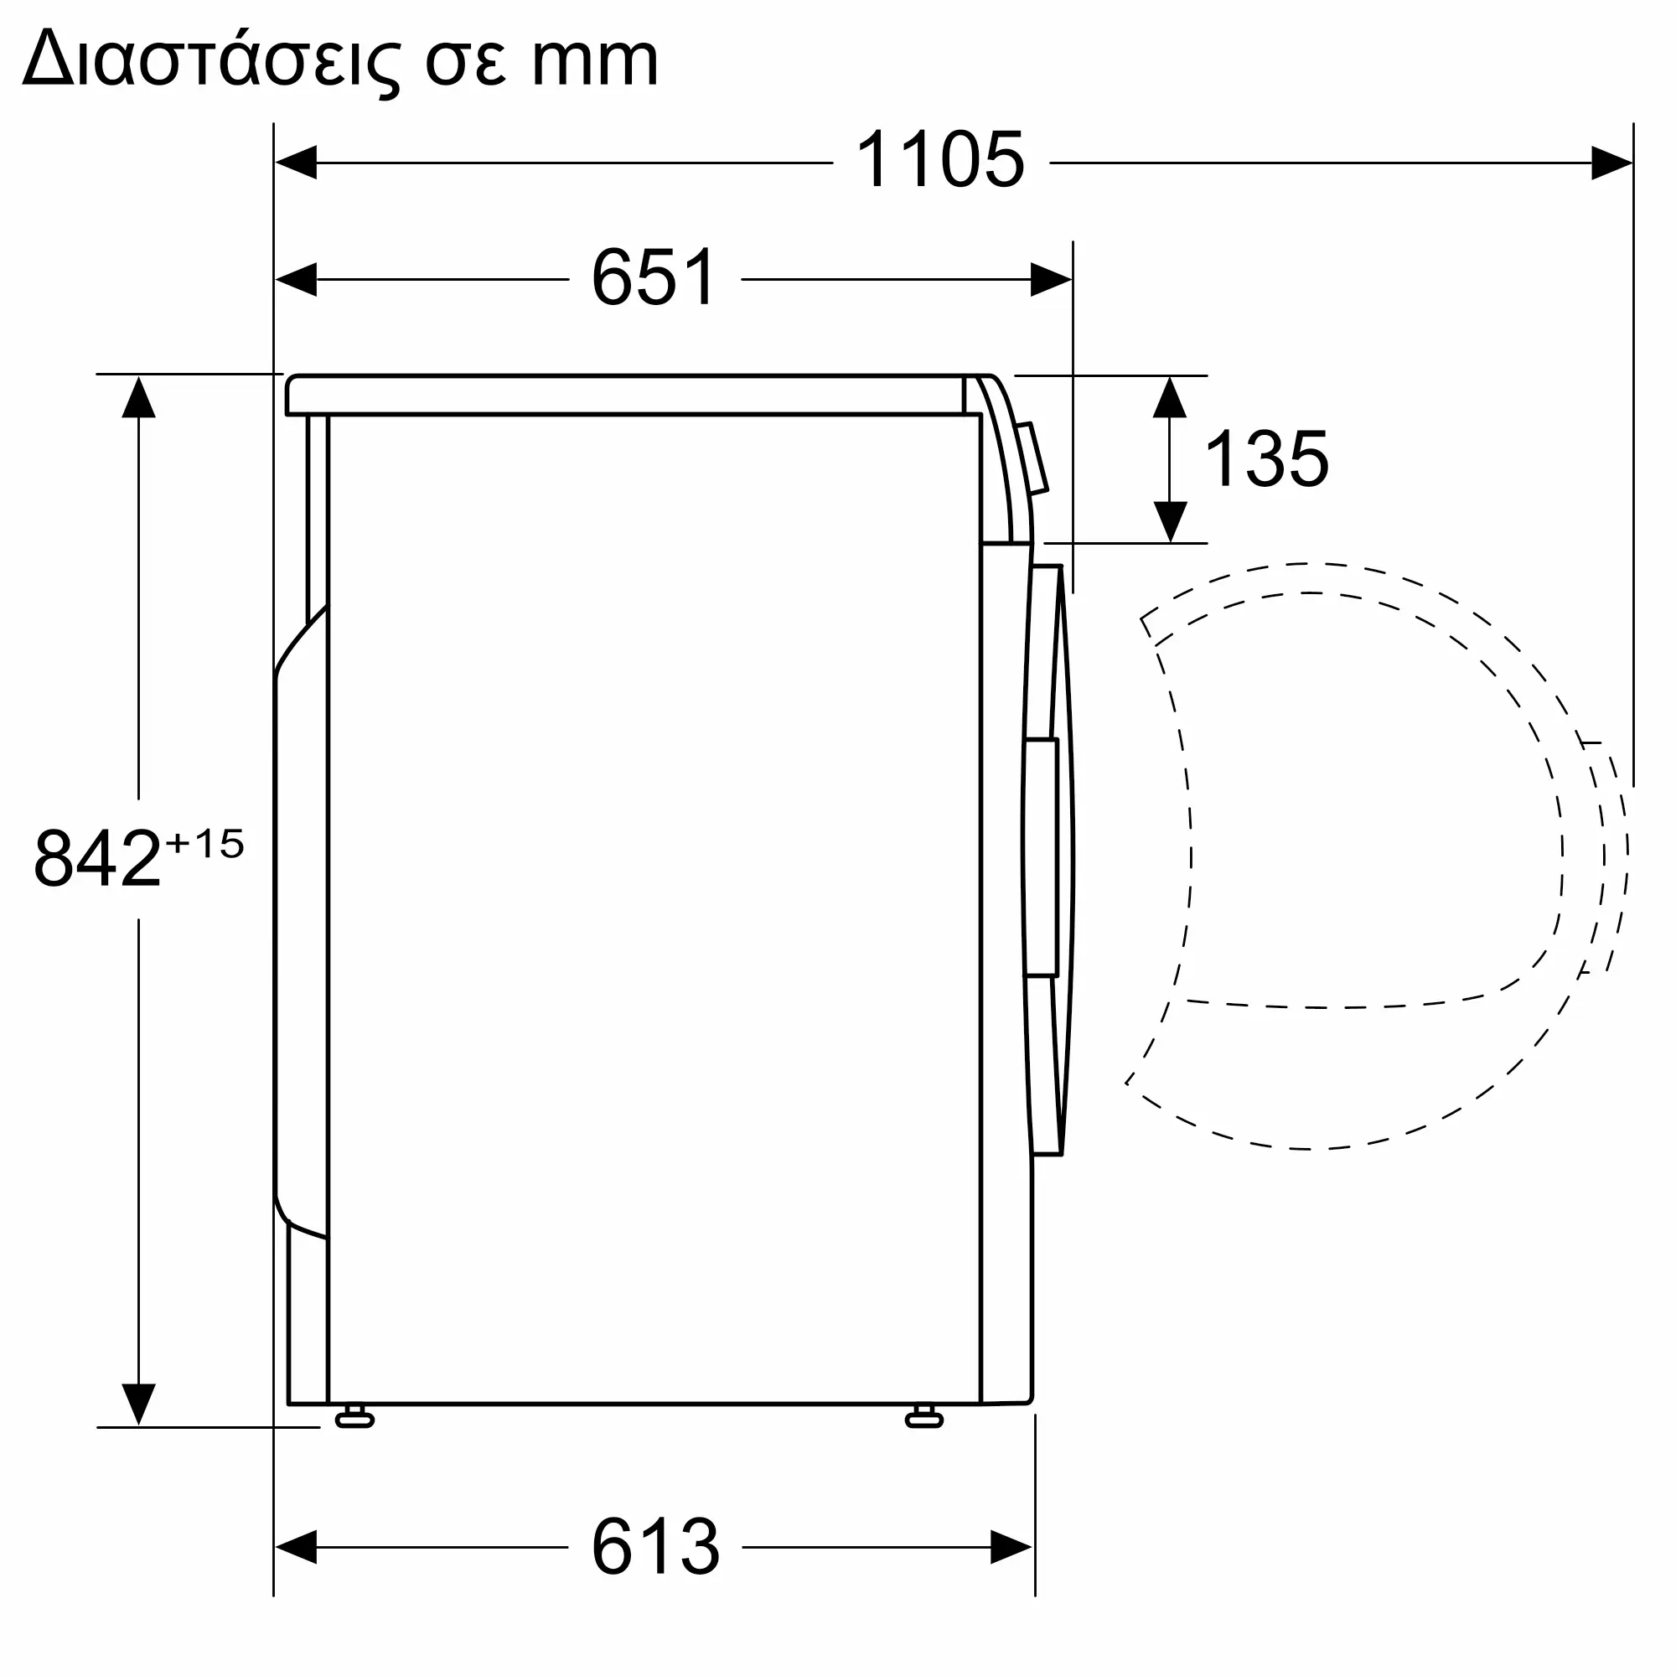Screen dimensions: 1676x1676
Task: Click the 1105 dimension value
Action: point(939,161)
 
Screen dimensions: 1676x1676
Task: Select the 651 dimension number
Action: point(655,277)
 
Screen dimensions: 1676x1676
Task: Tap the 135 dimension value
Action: point(1266,459)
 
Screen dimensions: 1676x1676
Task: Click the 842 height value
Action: point(97,858)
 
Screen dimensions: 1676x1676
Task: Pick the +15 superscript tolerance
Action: point(204,843)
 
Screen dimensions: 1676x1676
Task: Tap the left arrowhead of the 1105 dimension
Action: point(296,163)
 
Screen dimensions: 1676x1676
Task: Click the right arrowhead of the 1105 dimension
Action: point(1611,163)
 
